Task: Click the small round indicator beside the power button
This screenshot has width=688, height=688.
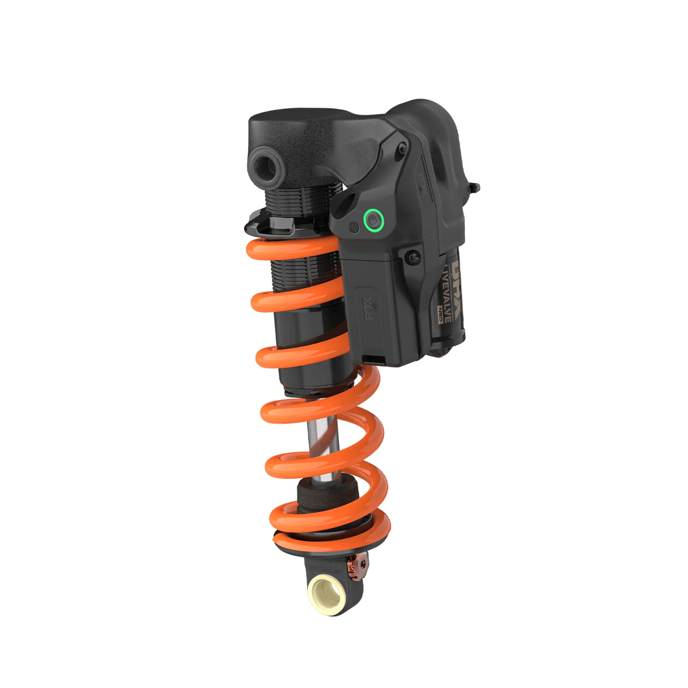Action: tap(354, 228)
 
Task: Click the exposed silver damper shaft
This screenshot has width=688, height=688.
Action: tap(318, 448)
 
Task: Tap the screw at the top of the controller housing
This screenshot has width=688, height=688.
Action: tap(402, 148)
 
